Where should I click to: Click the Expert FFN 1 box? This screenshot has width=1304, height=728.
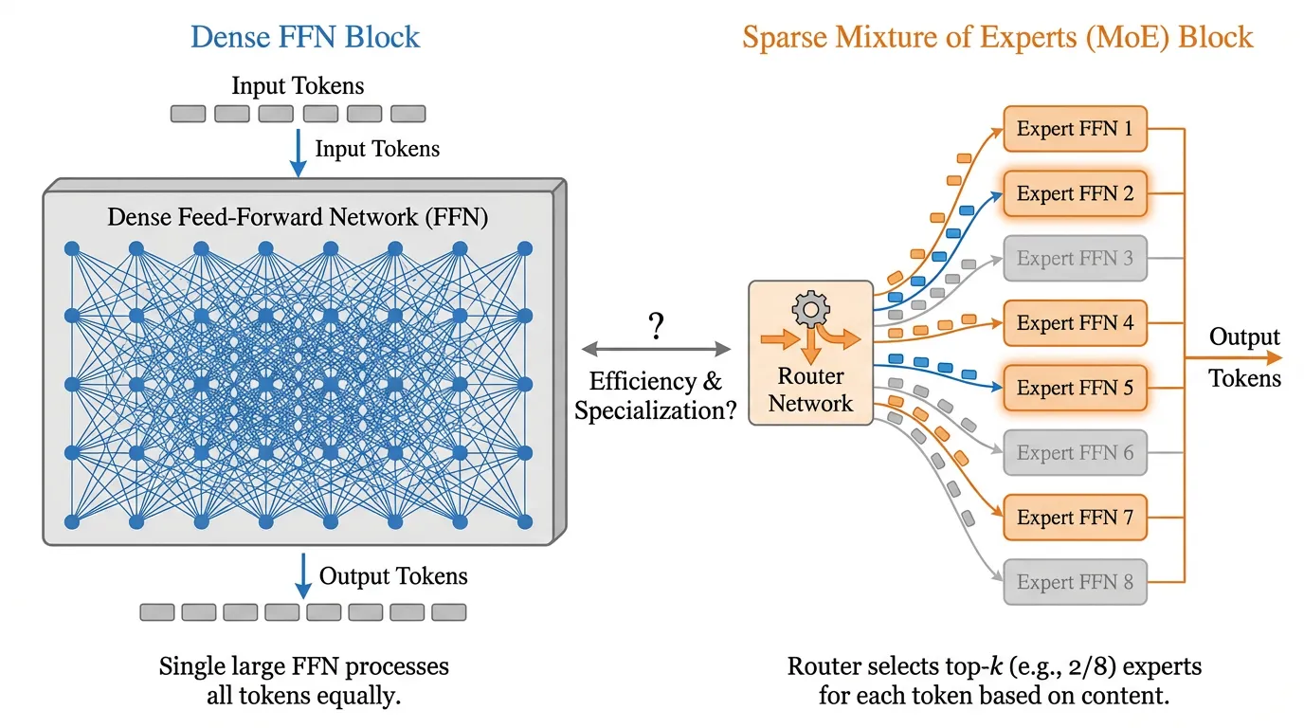1075,129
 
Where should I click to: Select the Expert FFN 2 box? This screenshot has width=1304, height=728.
1075,193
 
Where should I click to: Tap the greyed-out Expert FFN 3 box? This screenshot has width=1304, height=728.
1075,258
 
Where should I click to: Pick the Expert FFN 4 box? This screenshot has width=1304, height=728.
1075,323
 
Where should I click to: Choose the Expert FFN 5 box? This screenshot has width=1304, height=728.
1075,388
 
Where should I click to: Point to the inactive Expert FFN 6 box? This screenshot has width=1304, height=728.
1075,452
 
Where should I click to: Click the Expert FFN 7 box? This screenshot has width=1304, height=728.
1075,518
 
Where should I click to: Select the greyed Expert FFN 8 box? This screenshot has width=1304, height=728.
1075,582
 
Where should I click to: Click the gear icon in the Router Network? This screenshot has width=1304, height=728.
810,309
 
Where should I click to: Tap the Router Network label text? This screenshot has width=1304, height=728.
810,390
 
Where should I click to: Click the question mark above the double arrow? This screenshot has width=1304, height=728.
656,327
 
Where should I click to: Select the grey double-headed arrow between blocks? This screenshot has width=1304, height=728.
656,350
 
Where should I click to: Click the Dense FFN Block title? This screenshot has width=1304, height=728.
305,37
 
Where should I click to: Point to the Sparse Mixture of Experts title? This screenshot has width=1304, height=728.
998,37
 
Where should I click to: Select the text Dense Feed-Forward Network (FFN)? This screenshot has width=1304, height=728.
298,217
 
